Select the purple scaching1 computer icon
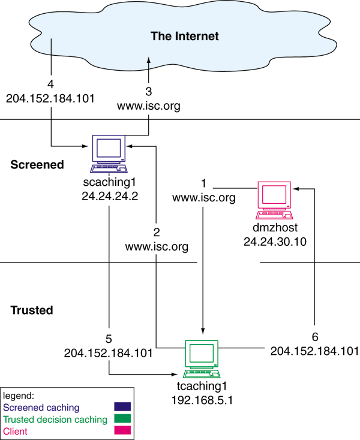[x=110, y=150]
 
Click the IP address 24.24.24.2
[x=110, y=195]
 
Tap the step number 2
[x=157, y=234]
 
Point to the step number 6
[x=314, y=337]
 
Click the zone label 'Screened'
[x=37, y=165]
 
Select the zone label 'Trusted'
[x=32, y=311]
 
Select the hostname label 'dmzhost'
[x=275, y=228]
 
